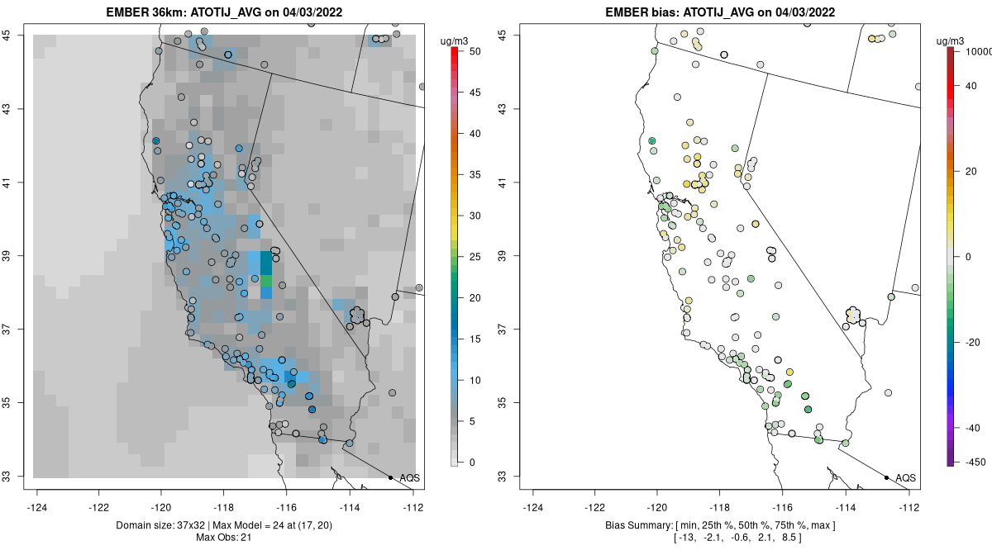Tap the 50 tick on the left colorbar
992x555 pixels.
point(472,51)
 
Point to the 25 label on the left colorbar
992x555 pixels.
point(472,257)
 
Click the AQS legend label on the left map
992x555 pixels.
point(409,478)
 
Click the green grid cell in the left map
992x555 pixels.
point(266,282)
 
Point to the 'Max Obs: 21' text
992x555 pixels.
point(224,538)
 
